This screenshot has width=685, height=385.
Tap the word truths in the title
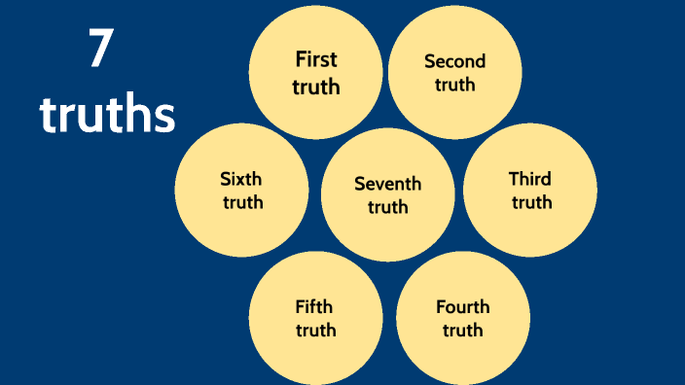tap(107, 115)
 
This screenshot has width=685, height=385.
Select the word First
tap(316, 59)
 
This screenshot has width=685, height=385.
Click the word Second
tap(454, 61)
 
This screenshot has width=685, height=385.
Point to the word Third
tap(530, 179)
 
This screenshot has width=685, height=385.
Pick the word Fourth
tap(463, 307)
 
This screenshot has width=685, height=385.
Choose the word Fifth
tap(314, 307)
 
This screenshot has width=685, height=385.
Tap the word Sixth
tap(241, 179)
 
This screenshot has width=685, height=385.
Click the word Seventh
tap(388, 184)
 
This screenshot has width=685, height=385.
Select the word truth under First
tap(316, 87)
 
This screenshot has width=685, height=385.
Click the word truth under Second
tap(454, 85)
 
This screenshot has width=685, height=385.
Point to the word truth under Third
tap(531, 202)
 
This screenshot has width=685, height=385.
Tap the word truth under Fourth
tap(463, 331)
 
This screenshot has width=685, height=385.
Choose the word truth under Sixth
tap(242, 202)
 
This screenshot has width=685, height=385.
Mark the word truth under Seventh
tap(388, 207)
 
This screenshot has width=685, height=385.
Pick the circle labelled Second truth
tap(454, 107)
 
